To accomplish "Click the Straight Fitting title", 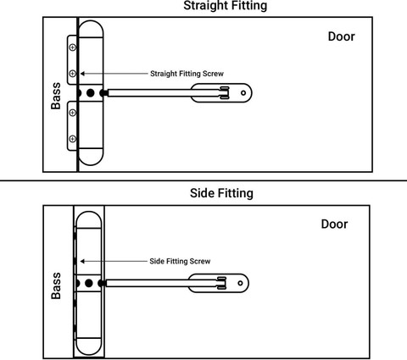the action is (226, 6).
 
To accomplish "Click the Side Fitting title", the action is (221, 193).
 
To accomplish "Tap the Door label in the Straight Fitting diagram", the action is (341, 36).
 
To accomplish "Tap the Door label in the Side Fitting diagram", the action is (334, 224).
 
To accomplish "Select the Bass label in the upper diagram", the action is (56, 96).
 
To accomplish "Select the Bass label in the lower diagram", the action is (56, 285).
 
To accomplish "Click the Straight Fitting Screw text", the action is (187, 74).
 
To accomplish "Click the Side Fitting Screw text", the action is (180, 261).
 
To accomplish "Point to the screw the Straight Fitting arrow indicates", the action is (73, 74).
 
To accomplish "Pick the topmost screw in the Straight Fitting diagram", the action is (73, 47).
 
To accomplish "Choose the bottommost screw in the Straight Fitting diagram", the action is (73, 139).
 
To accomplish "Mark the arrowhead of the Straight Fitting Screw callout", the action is (82, 74).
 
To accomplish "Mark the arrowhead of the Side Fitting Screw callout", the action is (82, 261).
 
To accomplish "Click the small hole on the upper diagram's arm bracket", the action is (243, 92).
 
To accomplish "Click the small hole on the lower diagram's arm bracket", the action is (240, 283).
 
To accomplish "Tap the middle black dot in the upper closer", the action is (91, 93).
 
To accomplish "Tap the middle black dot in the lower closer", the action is (89, 283).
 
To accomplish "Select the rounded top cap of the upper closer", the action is (91, 29).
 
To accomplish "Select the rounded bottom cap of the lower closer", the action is (89, 346).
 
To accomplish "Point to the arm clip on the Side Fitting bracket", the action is (221, 283).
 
